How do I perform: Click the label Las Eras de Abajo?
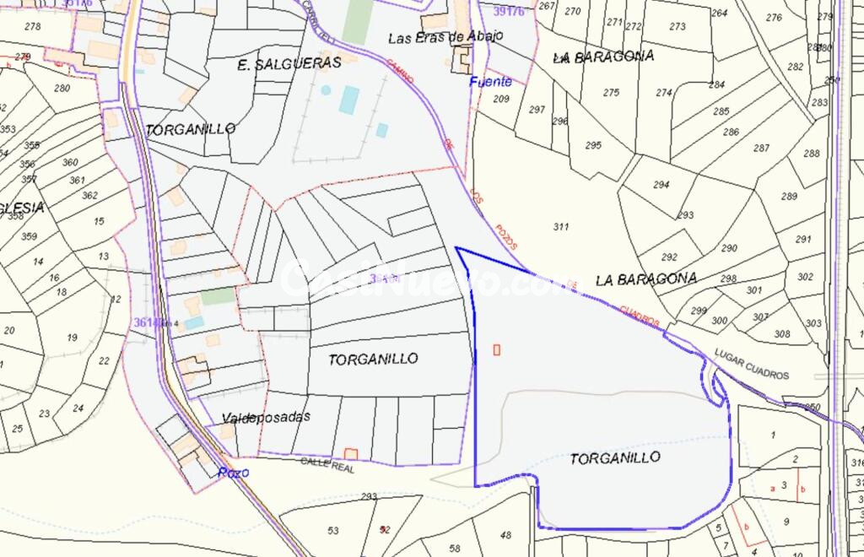coord(445,37)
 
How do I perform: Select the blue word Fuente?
coord(491,82)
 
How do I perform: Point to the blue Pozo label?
coord(233,473)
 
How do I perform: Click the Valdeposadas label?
coord(266,418)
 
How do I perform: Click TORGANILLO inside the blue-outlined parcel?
coord(615,458)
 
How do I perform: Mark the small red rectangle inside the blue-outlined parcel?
coord(496,349)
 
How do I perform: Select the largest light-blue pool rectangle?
coord(348,100)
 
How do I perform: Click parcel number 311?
coord(561,227)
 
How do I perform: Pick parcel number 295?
coord(593,145)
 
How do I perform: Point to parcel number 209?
coord(501,100)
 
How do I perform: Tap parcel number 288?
coord(812,154)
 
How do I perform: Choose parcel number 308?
coord(783,334)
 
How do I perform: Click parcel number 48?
coord(505,535)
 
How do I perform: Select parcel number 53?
coord(333,531)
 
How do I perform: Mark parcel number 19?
coord(72,338)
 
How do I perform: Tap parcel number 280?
coord(62,89)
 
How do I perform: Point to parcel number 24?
coord(78,409)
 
